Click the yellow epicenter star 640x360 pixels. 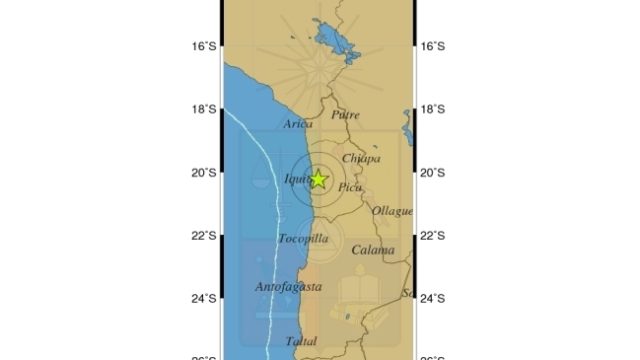pos(319,180)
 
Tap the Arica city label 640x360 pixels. pos(297,124)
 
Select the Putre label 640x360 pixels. pos(345,115)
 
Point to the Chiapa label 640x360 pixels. pos(361,159)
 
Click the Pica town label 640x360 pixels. pos(349,186)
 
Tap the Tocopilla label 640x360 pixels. pos(303,239)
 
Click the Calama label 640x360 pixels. pos(373,251)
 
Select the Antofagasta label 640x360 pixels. pos(288,287)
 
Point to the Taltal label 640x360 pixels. pos(301,341)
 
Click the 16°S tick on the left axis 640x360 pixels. pos(203,46)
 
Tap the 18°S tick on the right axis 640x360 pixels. pos(433,109)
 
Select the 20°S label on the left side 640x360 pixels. pos(203,173)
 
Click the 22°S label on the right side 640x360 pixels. pos(433,236)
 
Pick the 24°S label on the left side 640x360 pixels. pos(203,299)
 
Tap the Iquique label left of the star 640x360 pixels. pos(297,179)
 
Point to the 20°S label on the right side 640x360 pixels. pos(433,173)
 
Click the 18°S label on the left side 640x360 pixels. pos(203,109)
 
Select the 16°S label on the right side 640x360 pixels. pos(433,46)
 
